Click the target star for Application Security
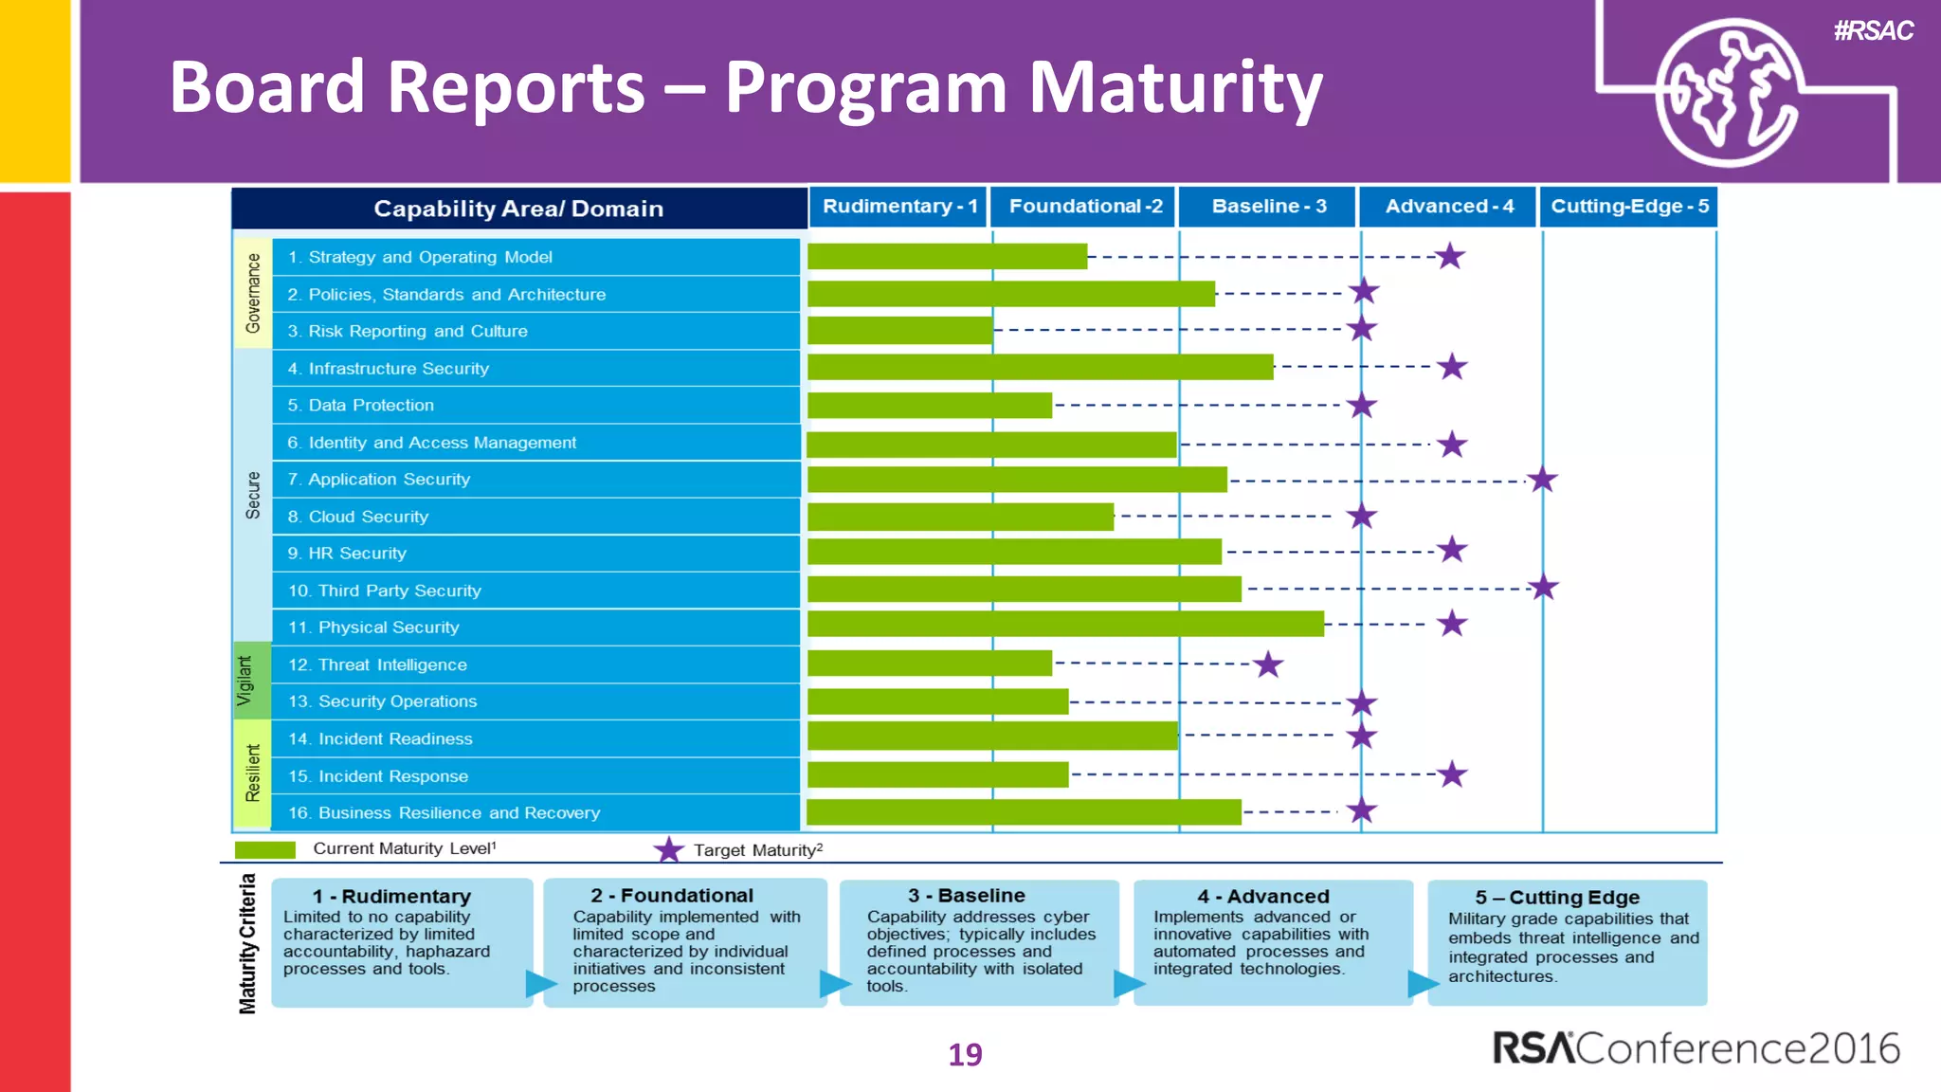(1542, 480)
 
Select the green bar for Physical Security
(1064, 624)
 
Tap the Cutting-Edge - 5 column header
(1629, 207)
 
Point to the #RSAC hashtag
(1873, 31)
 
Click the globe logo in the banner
(1728, 92)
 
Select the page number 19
(965, 1054)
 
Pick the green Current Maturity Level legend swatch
(264, 849)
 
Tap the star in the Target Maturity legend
(668, 849)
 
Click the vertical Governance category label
(253, 293)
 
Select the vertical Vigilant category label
(245, 681)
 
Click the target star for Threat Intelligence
(1267, 664)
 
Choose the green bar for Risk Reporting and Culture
(899, 330)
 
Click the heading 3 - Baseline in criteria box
(966, 896)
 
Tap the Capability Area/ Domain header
(518, 209)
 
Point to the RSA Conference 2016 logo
(1695, 1048)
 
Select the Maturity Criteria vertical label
(247, 943)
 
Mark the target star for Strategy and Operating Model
(1449, 256)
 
